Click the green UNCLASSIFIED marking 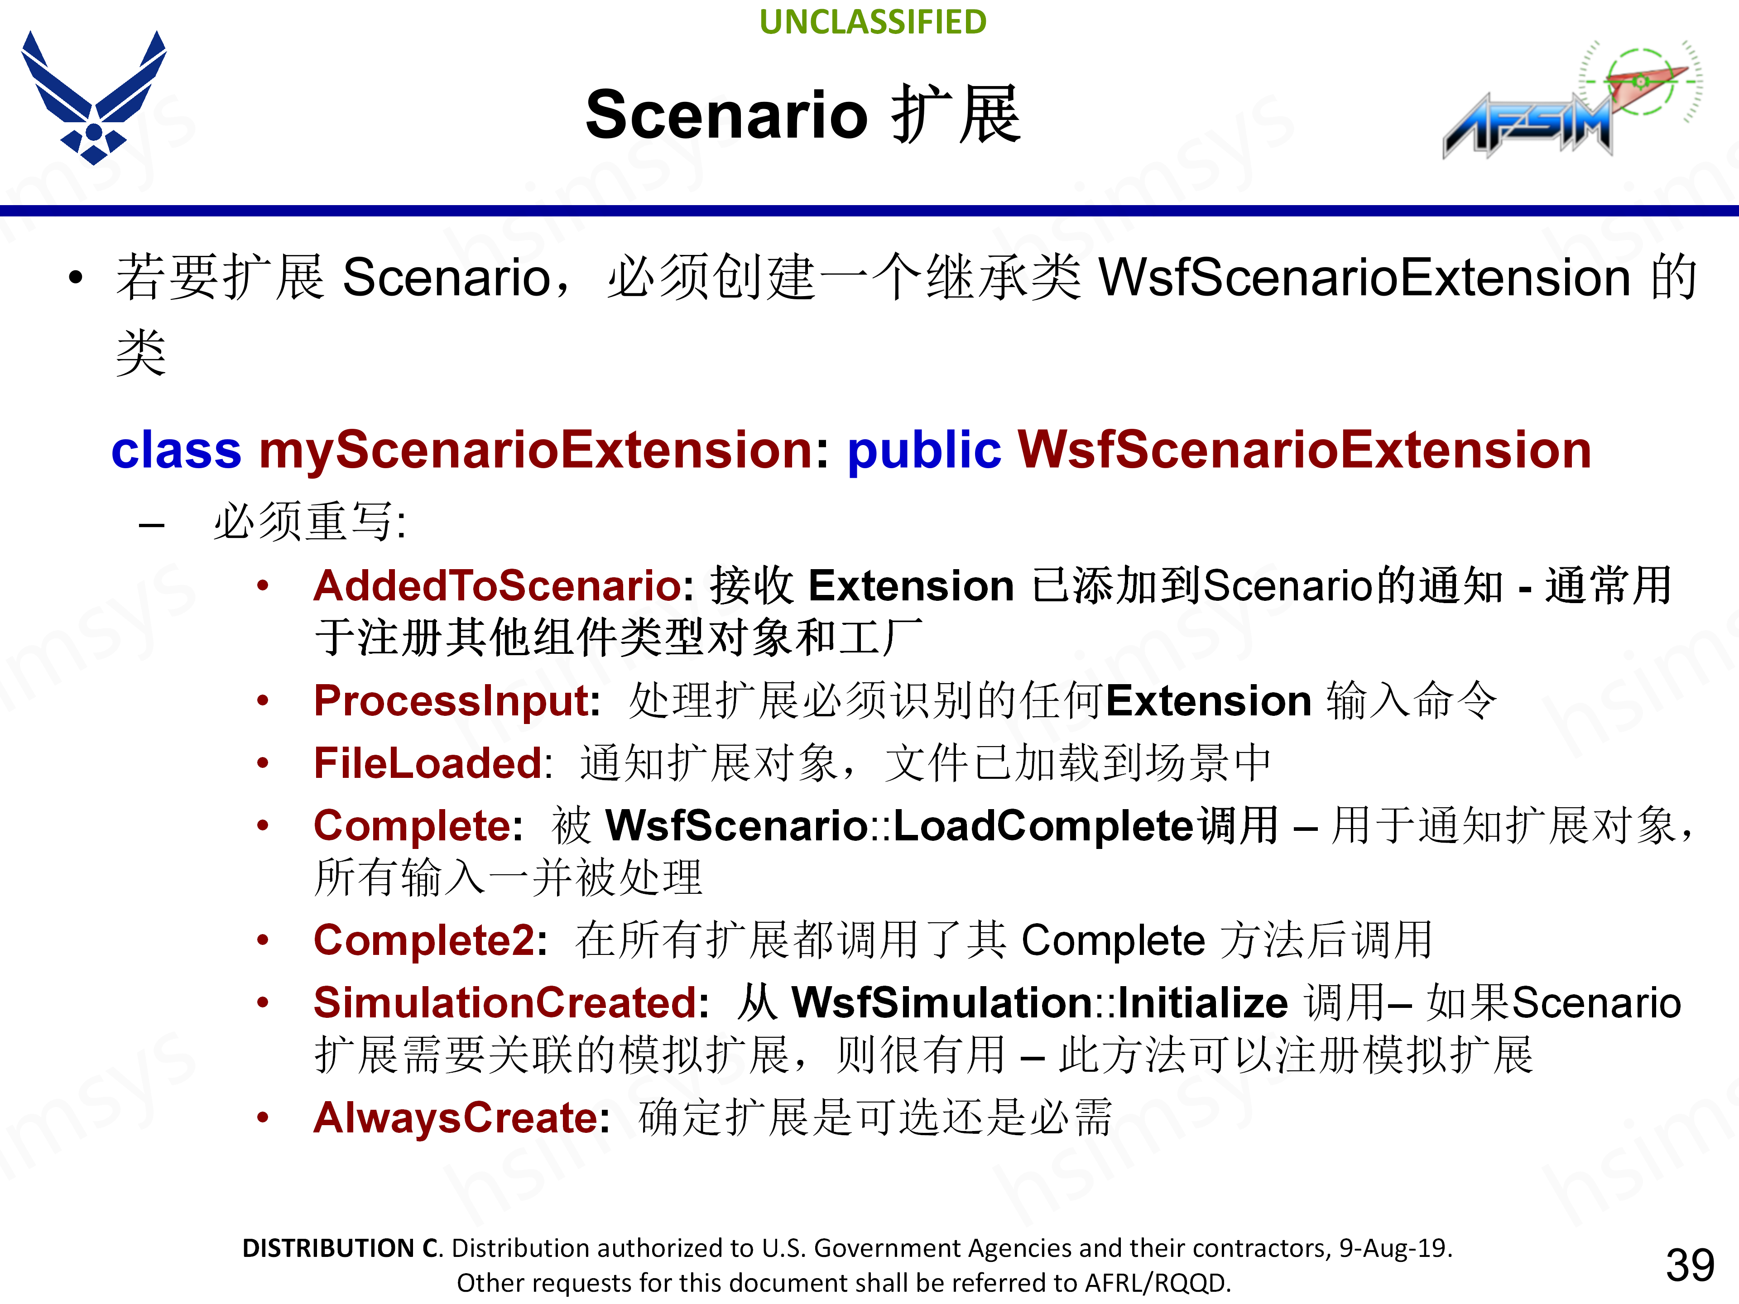click(x=873, y=22)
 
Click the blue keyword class click(x=176, y=451)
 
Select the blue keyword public click(x=924, y=451)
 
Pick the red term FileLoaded click(x=428, y=763)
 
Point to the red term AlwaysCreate click(x=456, y=1118)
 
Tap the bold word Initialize click(x=1203, y=1003)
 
